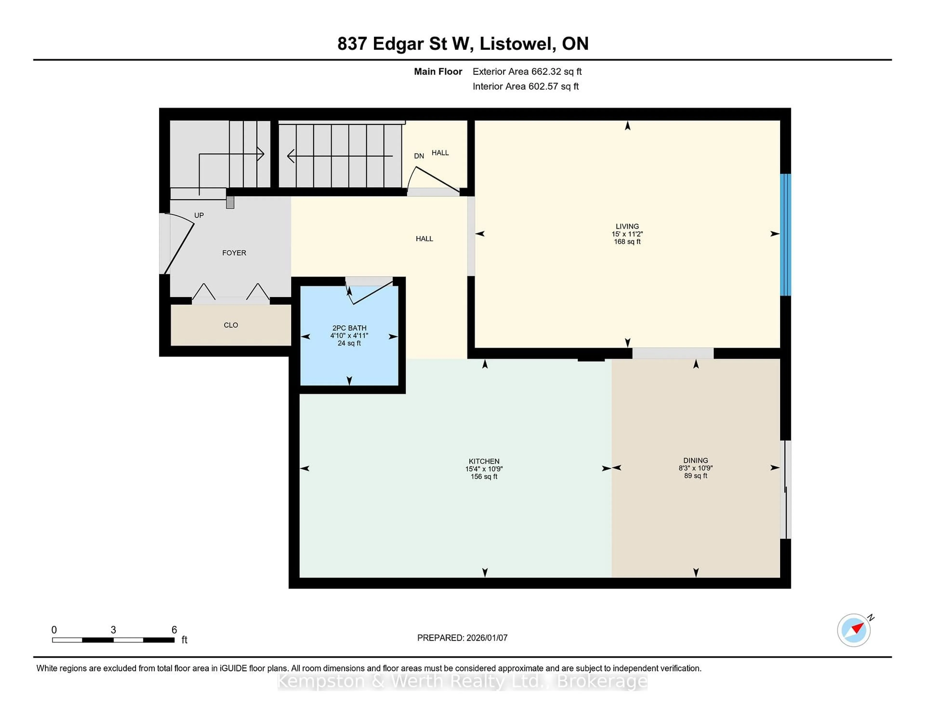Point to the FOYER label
234,253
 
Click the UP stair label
199,215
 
